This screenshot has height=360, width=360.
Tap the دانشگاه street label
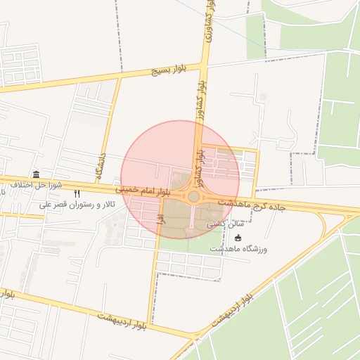pyautogui.click(x=101, y=164)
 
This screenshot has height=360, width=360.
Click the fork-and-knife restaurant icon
pyautogui.click(x=77, y=194)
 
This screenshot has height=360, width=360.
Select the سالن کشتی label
pyautogui.click(x=221, y=223)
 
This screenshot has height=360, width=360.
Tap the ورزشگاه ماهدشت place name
pyautogui.click(x=238, y=248)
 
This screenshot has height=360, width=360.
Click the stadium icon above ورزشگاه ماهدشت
pyautogui.click(x=238, y=238)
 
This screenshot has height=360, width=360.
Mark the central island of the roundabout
pyautogui.click(x=193, y=197)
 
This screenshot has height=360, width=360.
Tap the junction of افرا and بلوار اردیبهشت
pyautogui.click(x=149, y=324)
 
